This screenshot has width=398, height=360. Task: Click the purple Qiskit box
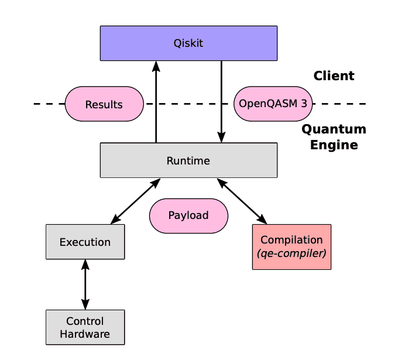pos(188,43)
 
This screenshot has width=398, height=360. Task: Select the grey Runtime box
pos(188,160)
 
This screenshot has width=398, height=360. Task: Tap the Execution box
pos(85,242)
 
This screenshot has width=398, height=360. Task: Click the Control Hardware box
pos(85,327)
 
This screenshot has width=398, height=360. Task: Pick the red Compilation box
pos(291,246)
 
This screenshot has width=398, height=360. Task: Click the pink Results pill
pos(104,104)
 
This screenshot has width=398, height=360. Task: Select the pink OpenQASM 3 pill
pos(273,104)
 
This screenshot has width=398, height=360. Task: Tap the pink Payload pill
pos(188,215)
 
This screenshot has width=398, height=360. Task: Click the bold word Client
pos(334,76)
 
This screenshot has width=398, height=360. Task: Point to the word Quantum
pos(334,129)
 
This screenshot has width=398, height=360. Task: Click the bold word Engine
pos(334,145)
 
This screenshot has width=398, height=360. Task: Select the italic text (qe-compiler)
pos(291,253)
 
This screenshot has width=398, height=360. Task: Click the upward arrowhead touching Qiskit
pos(156,66)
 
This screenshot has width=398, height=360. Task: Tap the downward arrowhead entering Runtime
pos(221,137)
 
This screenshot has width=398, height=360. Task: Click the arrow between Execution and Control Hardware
pos(85,284)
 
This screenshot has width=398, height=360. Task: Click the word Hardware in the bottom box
pos(85,334)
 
